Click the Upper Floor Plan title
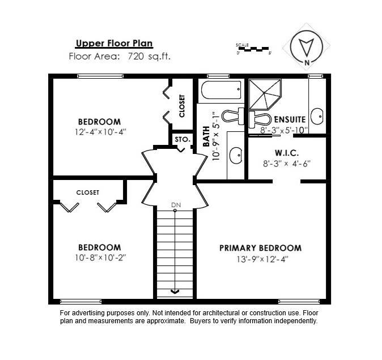(x=114, y=43)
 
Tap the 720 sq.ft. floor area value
(x=149, y=57)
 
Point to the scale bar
(x=253, y=49)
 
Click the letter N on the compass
(x=307, y=62)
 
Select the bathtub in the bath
(x=221, y=90)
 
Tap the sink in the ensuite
(x=317, y=117)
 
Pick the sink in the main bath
(x=236, y=155)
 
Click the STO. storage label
(x=182, y=140)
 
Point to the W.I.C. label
(x=287, y=153)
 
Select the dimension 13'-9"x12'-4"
(x=262, y=259)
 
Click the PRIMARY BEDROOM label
(x=261, y=248)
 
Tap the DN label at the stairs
(x=176, y=205)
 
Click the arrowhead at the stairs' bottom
(x=175, y=292)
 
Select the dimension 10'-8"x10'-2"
(x=100, y=258)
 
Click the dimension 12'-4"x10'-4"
(x=100, y=132)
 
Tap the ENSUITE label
(x=290, y=119)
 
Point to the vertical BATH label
(x=206, y=136)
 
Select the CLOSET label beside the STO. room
(x=182, y=106)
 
